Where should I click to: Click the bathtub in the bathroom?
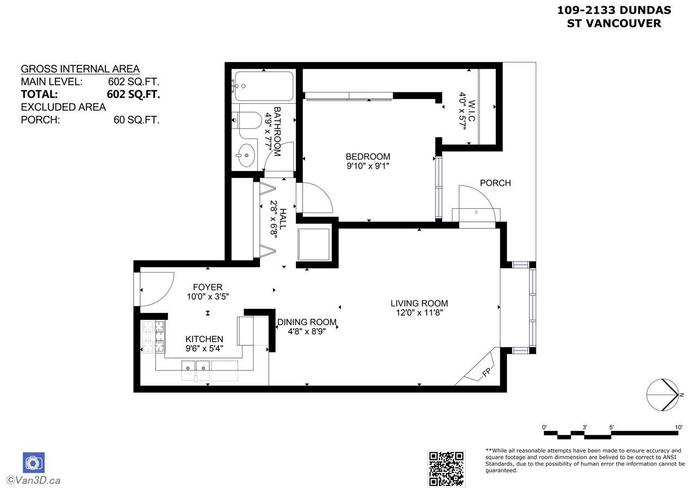[264, 86]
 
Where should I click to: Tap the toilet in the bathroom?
[247, 120]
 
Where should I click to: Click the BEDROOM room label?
[368, 156]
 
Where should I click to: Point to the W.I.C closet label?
[471, 110]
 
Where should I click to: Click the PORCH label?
[495, 183]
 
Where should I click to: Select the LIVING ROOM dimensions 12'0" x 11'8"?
[419, 313]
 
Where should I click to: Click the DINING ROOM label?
[307, 322]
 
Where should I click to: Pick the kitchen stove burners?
[153, 336]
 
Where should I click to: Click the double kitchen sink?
[195, 370]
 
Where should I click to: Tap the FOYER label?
[208, 287]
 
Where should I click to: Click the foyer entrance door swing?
[157, 289]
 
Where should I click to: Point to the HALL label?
[283, 219]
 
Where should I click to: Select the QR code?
[446, 469]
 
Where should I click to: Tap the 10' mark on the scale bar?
[679, 428]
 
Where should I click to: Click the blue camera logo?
[34, 462]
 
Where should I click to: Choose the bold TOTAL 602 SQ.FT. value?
[133, 94]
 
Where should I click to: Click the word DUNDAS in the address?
[645, 10]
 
